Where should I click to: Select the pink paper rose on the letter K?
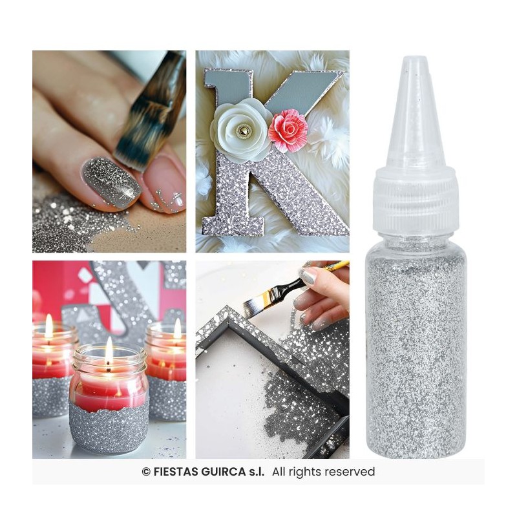[x=288, y=129]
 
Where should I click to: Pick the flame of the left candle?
[x=48, y=326]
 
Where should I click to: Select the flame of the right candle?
[x=177, y=328]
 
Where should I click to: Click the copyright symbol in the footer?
[x=146, y=472]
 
